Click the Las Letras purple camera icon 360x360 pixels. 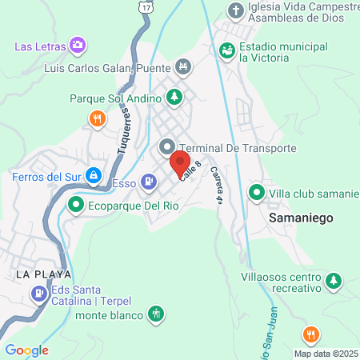[x=78, y=45]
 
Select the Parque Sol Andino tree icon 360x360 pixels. [x=174, y=98]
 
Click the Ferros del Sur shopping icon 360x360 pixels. [x=94, y=174]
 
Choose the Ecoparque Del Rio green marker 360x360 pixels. [x=76, y=204]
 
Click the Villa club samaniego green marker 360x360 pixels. [x=257, y=193]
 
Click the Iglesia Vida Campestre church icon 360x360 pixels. [x=235, y=11]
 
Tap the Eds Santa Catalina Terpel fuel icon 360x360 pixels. [x=38, y=294]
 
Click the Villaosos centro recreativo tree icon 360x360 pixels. [x=335, y=282]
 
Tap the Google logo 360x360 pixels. [x=26, y=350]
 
